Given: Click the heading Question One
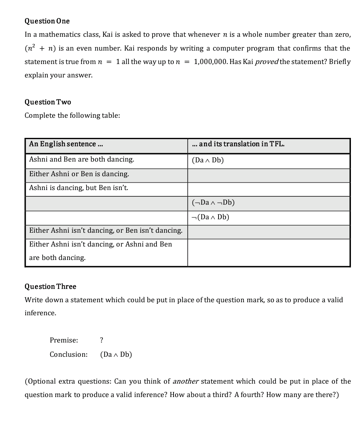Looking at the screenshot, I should click(x=47, y=21).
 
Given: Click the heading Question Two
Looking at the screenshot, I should click(x=48, y=102).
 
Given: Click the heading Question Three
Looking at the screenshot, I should click(x=50, y=286).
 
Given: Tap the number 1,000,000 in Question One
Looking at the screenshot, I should click(x=212, y=62).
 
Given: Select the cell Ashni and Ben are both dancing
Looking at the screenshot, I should click(x=82, y=159).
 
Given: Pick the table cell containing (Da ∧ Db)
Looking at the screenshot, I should click(x=208, y=160).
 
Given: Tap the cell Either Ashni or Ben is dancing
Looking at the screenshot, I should click(x=79, y=174).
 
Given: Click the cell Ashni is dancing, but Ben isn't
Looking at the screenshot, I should click(x=79, y=188).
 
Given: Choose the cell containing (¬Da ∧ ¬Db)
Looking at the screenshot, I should click(x=213, y=203).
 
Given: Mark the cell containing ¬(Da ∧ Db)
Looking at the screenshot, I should click(x=210, y=217).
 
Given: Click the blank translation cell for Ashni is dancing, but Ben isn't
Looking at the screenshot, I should click(x=269, y=189).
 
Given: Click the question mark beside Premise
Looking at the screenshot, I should click(x=102, y=340).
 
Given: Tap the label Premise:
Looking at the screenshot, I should click(x=64, y=340).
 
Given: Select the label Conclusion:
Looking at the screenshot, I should click(x=68, y=354).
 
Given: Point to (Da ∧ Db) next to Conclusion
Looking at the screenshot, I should click(x=116, y=354).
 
